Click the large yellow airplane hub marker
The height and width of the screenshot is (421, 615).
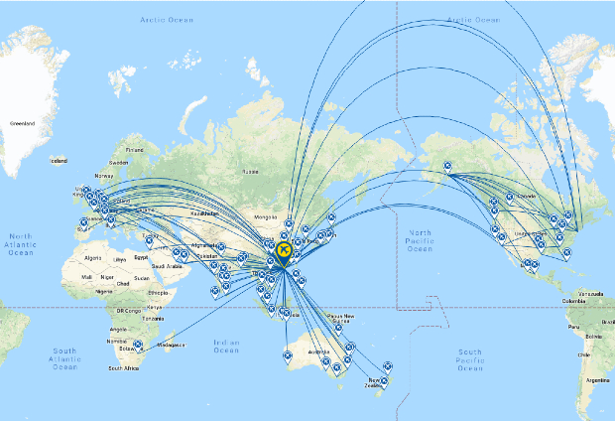(x=284, y=251)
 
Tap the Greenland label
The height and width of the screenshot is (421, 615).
(x=21, y=123)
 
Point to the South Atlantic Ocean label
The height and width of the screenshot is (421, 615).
(x=64, y=358)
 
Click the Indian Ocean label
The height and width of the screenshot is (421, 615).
(x=226, y=346)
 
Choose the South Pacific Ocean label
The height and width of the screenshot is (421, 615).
(x=471, y=358)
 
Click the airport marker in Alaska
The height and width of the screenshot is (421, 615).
(x=446, y=168)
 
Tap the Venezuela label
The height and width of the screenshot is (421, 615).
(x=591, y=294)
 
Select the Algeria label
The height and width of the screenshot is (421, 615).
(x=95, y=256)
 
